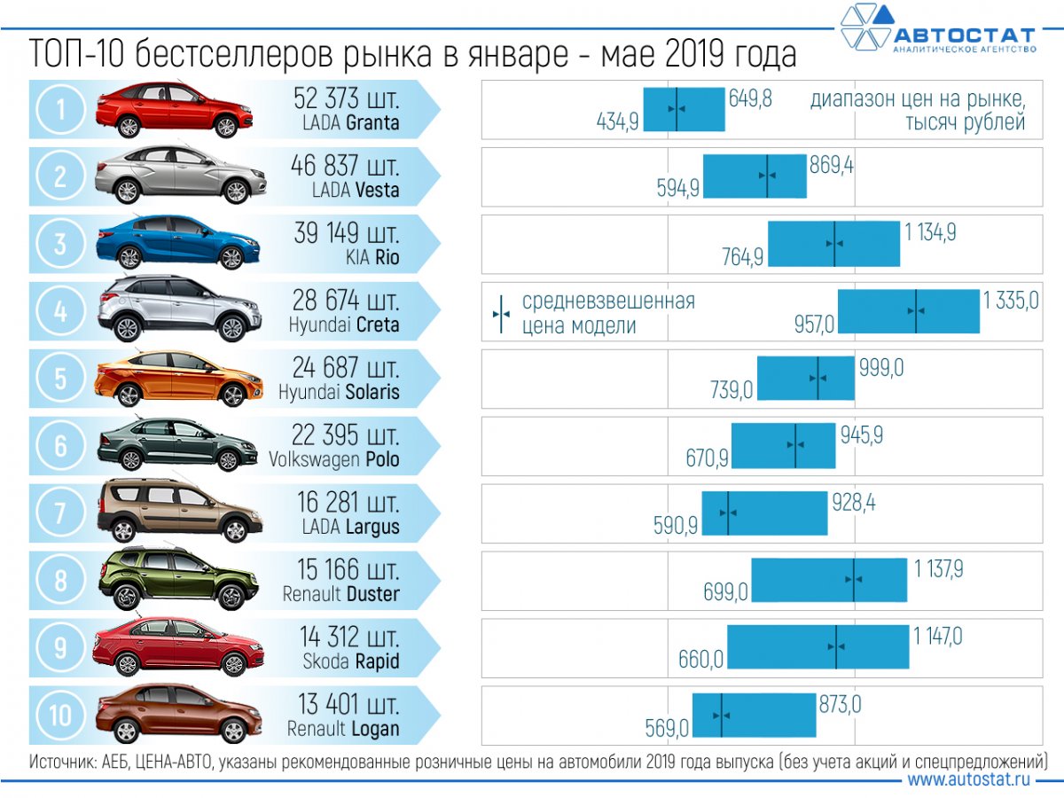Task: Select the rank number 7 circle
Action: (x=60, y=512)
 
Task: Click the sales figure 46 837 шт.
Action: (x=346, y=166)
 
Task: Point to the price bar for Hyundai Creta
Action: (x=908, y=311)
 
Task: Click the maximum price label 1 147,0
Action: (x=938, y=636)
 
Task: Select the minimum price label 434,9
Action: (x=617, y=122)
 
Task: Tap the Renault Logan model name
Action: (x=343, y=729)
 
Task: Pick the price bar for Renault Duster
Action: (x=829, y=580)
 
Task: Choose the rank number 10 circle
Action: (x=60, y=715)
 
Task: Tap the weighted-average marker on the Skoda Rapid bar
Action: (x=835, y=647)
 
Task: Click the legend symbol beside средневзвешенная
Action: (x=501, y=313)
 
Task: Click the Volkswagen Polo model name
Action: (x=334, y=459)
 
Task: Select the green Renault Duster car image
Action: (x=177, y=579)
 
